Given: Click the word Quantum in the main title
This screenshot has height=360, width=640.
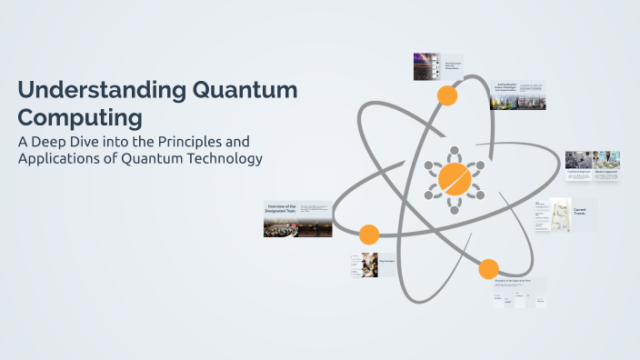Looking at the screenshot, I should tap(245, 91).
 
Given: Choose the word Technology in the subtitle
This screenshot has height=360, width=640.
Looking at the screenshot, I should tap(224, 159).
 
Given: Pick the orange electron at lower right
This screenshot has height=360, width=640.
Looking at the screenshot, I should tap(488, 268).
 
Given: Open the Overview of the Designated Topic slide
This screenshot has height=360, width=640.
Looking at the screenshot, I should tap(297, 219).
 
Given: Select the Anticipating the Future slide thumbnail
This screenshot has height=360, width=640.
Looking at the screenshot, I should tap(518, 95).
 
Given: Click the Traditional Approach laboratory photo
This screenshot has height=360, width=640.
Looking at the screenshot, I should tap(578, 160).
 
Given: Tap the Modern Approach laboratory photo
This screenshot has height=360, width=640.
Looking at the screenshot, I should tap(606, 160).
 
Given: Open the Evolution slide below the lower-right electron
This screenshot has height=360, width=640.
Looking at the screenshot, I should tap(514, 292).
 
